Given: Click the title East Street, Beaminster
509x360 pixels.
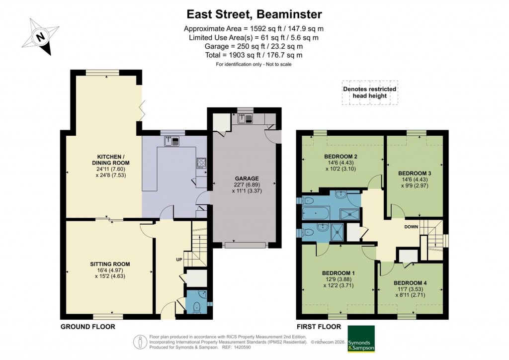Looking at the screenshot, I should click(x=254, y=13).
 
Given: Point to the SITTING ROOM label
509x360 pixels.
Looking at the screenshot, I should click(x=110, y=264).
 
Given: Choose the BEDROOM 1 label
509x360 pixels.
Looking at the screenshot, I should click(x=338, y=273).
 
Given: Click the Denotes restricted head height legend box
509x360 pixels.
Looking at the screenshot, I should click(x=370, y=92).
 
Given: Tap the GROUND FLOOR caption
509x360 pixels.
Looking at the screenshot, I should click(x=88, y=327).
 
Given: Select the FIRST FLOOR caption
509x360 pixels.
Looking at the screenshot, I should click(x=319, y=327).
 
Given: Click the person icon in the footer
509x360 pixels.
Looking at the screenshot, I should click(x=140, y=342).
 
